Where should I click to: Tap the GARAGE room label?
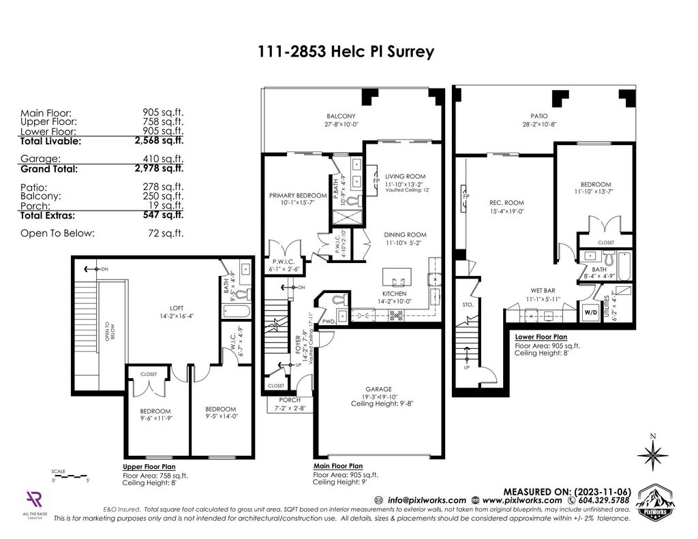383,390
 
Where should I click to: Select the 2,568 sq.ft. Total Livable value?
160,141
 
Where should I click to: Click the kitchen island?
397,277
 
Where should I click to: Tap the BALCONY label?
341,116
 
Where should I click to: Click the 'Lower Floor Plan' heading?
541,337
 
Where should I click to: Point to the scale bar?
70,475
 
